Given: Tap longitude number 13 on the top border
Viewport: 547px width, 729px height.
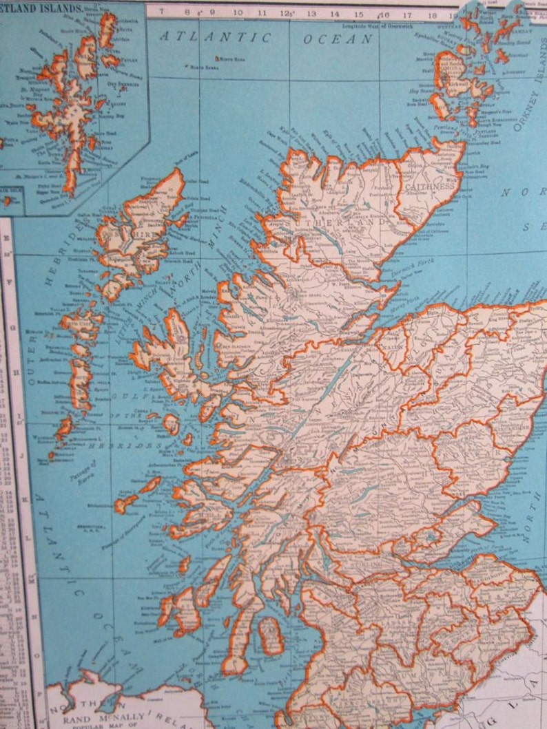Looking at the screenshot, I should coord(311,13).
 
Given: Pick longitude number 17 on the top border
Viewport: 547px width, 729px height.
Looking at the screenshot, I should coord(406,13).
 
